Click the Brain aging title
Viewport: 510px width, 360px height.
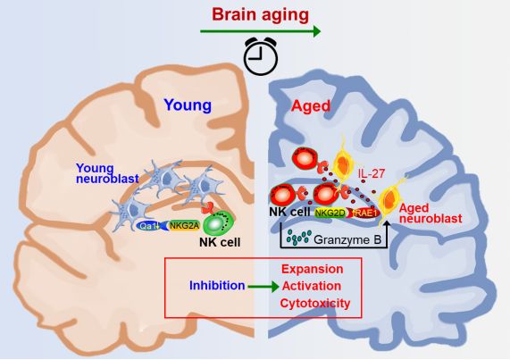(x=260, y=15)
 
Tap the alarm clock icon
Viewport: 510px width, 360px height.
(x=261, y=56)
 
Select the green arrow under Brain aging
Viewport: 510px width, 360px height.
(x=260, y=31)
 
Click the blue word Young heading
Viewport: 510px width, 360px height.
(x=188, y=105)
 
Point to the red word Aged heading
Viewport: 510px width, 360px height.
(x=311, y=106)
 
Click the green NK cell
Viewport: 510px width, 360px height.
(x=219, y=223)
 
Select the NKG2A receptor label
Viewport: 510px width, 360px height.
(x=184, y=226)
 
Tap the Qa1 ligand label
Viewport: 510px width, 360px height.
(x=148, y=226)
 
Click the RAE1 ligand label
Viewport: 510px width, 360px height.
(x=365, y=213)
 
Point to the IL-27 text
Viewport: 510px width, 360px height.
(x=372, y=174)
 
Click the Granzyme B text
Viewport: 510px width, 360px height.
(x=347, y=240)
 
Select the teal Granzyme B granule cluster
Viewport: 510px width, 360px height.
(x=299, y=238)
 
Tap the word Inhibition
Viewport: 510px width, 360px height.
(x=217, y=286)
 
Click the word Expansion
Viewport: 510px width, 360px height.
(x=313, y=269)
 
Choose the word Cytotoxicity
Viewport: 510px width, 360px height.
(x=315, y=303)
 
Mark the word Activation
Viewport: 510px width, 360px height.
(x=312, y=286)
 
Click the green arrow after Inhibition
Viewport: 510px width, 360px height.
(x=263, y=287)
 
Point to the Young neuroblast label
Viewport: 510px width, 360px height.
(x=107, y=173)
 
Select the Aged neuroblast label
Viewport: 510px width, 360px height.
(x=431, y=213)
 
